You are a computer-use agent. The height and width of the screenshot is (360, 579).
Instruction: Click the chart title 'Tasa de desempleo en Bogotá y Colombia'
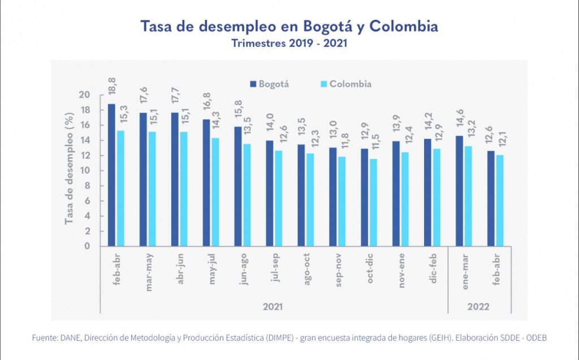(289, 27)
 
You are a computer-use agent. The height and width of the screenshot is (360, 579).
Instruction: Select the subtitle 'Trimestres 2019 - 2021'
(289, 44)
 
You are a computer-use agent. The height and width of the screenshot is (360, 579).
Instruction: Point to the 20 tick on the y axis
(84, 95)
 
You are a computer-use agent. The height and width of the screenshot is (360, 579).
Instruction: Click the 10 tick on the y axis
(84, 171)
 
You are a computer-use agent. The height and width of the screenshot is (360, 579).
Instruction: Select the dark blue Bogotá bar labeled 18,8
(111, 175)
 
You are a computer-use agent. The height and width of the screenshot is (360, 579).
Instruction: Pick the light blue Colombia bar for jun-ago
(247, 195)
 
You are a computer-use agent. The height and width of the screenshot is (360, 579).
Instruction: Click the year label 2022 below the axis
(479, 307)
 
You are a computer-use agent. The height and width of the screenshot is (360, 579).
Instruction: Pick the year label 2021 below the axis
(273, 307)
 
